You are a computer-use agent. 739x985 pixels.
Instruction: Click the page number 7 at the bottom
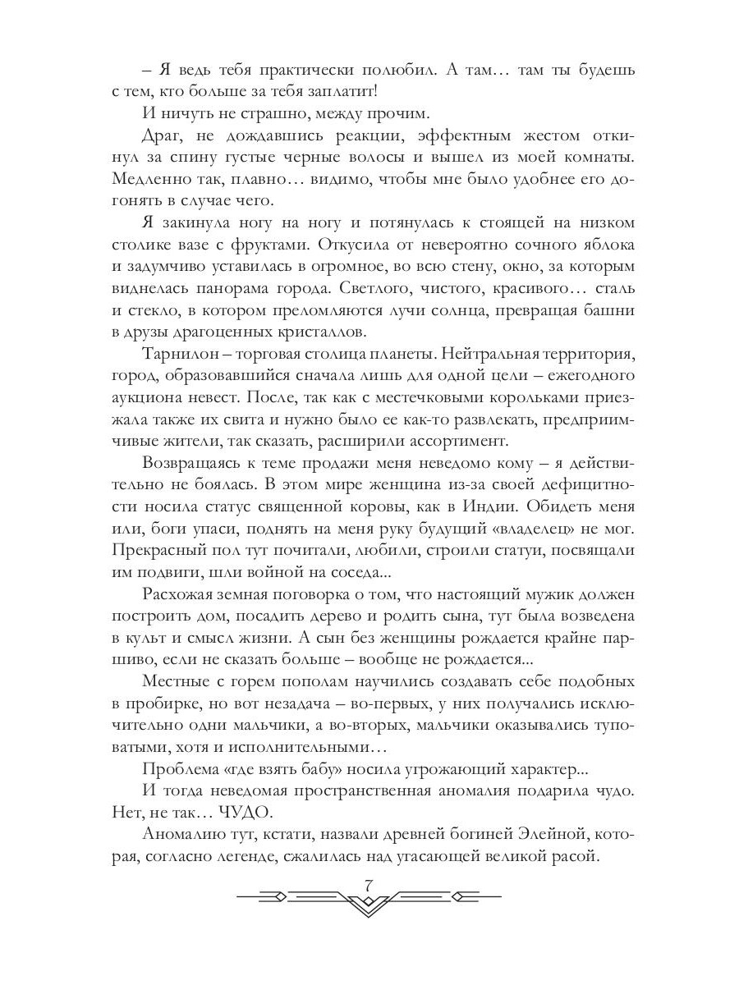(x=368, y=884)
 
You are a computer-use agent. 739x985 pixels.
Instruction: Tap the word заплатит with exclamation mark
(x=339, y=93)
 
